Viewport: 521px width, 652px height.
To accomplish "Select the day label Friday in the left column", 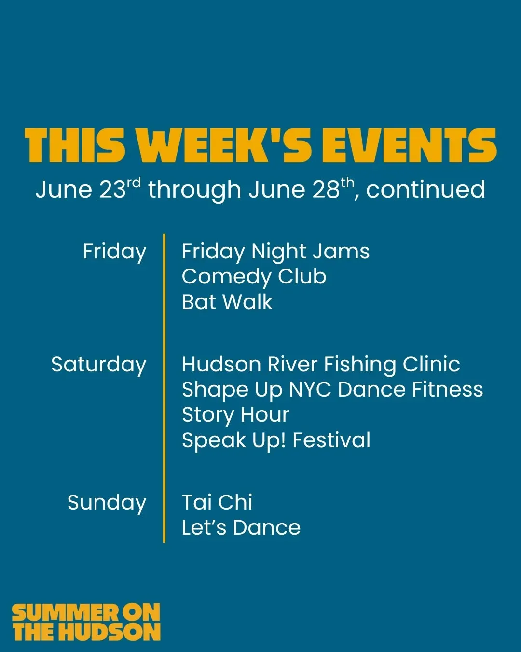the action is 115,252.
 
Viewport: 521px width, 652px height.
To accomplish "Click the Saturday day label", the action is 99,365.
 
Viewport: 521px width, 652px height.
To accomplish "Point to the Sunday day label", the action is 107,503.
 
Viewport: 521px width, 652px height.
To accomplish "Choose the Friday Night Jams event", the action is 276,252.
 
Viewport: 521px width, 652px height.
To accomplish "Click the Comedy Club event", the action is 254,277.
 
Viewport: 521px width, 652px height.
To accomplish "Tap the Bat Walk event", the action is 227,302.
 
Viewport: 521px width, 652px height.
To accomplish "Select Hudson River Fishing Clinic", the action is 321,365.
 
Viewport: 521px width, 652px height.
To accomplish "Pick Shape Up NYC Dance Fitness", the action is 332,390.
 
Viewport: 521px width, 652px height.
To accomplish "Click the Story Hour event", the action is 235,415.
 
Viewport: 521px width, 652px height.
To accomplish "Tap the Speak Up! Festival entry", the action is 276,441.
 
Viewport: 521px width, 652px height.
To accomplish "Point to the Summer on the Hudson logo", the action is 86,622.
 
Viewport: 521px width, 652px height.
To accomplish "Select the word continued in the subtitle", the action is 425,189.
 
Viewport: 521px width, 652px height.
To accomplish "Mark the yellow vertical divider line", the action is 164,388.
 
